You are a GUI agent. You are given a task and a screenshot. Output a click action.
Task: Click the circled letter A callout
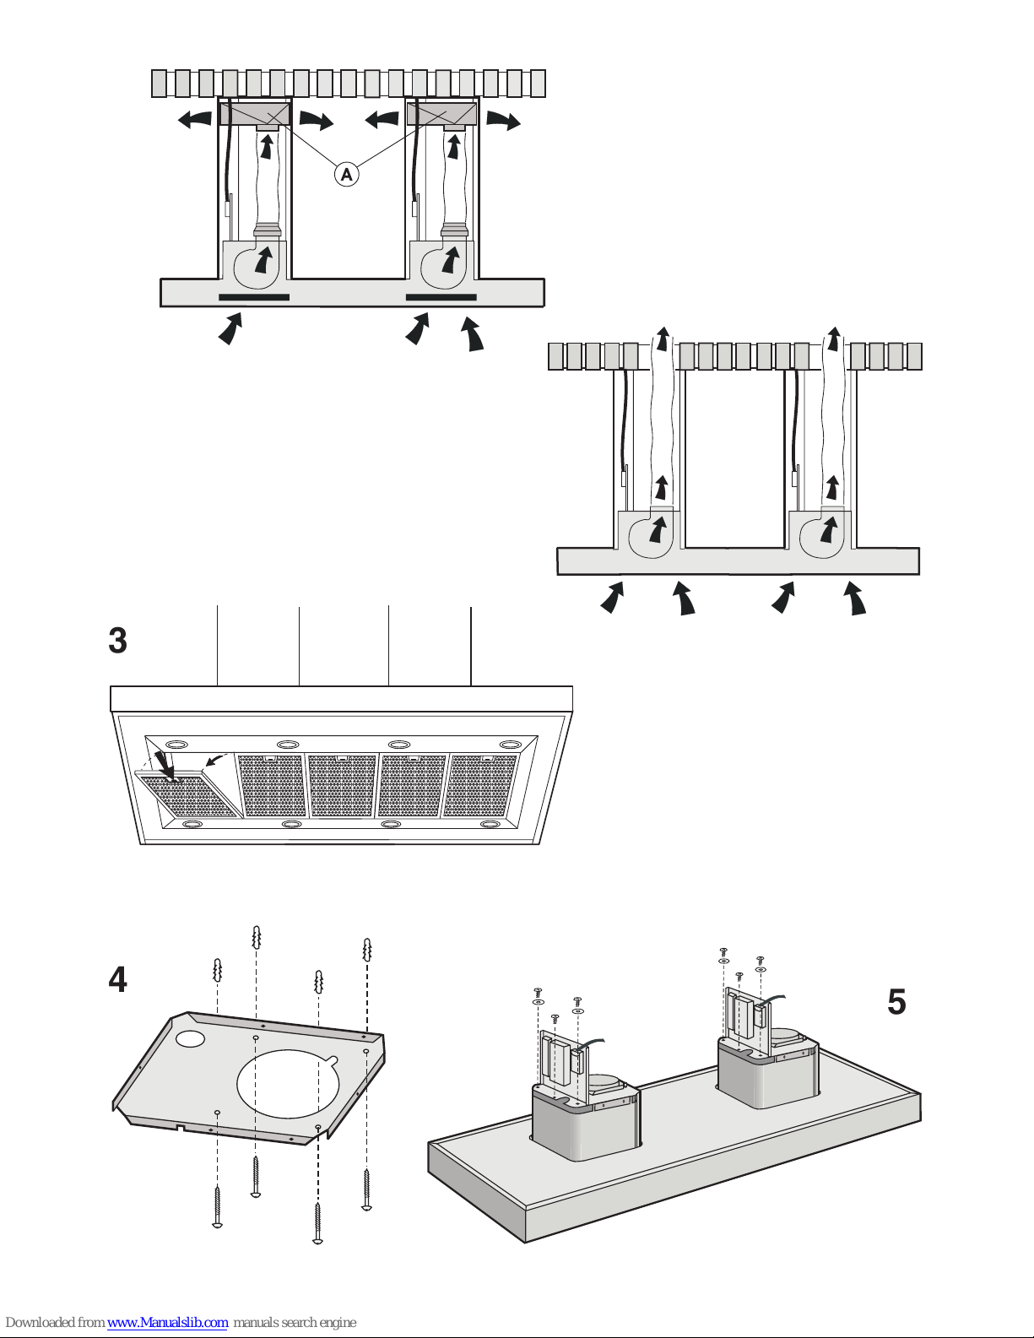[346, 175]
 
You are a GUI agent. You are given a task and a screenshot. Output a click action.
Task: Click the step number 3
[117, 641]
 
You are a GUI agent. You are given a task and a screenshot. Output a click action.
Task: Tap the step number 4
[117, 980]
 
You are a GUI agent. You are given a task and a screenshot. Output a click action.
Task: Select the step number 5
[896, 1002]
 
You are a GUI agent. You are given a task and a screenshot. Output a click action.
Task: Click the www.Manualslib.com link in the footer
[167, 1322]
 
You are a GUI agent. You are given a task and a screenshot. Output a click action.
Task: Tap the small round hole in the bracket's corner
[191, 1038]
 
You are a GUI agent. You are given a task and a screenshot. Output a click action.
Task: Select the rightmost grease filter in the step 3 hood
[480, 785]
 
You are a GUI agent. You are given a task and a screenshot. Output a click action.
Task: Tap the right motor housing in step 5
[766, 1072]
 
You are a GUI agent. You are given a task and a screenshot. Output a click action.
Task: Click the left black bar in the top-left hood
[254, 297]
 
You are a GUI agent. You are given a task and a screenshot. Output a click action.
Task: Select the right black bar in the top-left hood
[441, 297]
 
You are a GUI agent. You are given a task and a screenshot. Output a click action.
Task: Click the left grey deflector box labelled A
[255, 113]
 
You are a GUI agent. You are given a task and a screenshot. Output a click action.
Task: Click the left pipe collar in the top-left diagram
[268, 230]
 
